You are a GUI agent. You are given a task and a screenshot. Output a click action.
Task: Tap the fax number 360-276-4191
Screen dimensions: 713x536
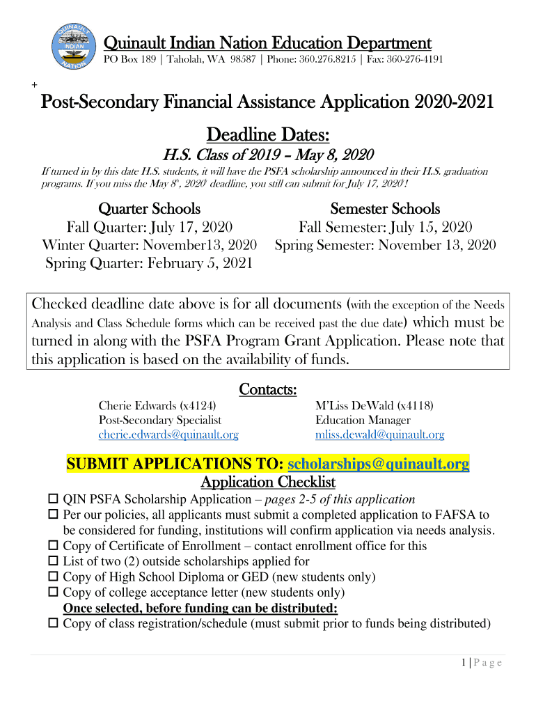(x=416, y=59)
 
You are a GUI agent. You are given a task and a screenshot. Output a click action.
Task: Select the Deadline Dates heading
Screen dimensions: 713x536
(x=268, y=134)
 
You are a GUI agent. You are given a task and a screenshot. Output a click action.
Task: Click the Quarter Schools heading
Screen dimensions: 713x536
(x=149, y=209)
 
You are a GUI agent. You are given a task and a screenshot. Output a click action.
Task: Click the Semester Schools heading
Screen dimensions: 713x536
(x=385, y=209)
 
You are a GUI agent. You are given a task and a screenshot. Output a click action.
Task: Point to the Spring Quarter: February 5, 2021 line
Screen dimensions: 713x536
(x=149, y=263)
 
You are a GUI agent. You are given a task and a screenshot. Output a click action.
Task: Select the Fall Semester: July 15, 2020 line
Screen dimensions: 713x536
(x=385, y=227)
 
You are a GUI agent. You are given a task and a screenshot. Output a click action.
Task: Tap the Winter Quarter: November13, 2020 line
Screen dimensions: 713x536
(x=149, y=245)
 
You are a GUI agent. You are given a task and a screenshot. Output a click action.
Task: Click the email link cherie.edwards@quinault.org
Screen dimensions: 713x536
(x=168, y=435)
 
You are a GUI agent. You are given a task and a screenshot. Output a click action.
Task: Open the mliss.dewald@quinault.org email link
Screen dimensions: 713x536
(x=379, y=435)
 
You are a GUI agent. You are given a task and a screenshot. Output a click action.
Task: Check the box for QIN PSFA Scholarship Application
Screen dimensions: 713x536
(x=54, y=500)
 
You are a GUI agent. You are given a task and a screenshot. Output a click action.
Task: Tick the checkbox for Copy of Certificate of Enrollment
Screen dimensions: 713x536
(x=54, y=546)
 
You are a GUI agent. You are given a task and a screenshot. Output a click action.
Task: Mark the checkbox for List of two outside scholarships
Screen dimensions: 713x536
(x=54, y=561)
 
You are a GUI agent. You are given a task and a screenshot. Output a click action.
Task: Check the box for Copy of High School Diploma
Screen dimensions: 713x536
(x=54, y=577)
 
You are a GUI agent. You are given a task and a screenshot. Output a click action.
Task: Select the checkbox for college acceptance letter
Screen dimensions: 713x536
(x=54, y=593)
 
